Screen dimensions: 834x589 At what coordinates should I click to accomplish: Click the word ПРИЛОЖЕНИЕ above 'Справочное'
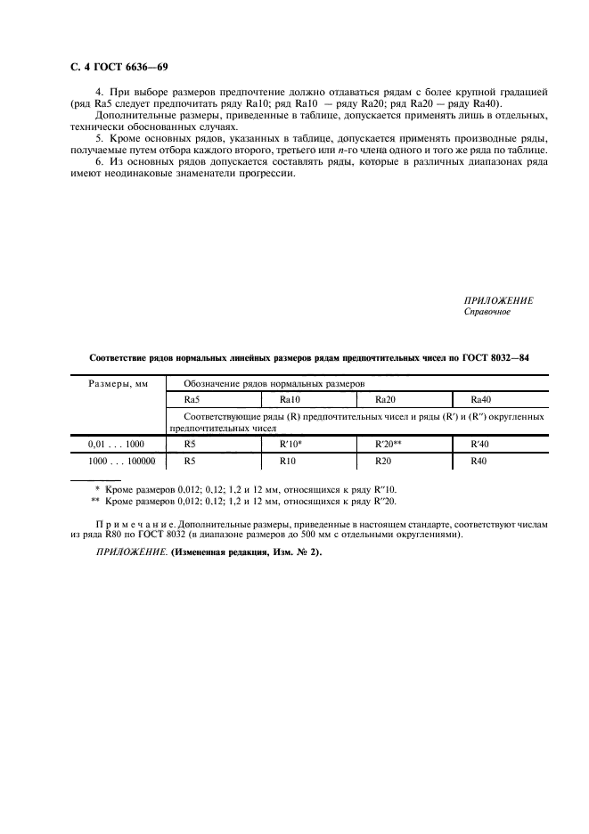(498, 301)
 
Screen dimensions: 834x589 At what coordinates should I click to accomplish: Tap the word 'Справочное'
(487, 312)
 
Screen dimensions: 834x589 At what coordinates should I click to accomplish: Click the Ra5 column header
(192, 400)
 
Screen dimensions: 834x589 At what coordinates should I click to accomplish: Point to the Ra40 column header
(481, 400)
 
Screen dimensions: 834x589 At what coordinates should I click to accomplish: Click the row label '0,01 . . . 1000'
(116, 443)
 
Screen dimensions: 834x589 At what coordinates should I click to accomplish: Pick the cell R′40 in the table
(481, 443)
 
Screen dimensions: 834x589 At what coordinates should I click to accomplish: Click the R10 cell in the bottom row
(288, 462)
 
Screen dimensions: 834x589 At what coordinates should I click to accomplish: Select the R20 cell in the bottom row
(384, 462)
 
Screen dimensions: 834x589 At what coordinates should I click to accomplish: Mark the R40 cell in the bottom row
(479, 462)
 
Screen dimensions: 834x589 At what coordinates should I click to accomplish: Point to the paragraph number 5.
(98, 139)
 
